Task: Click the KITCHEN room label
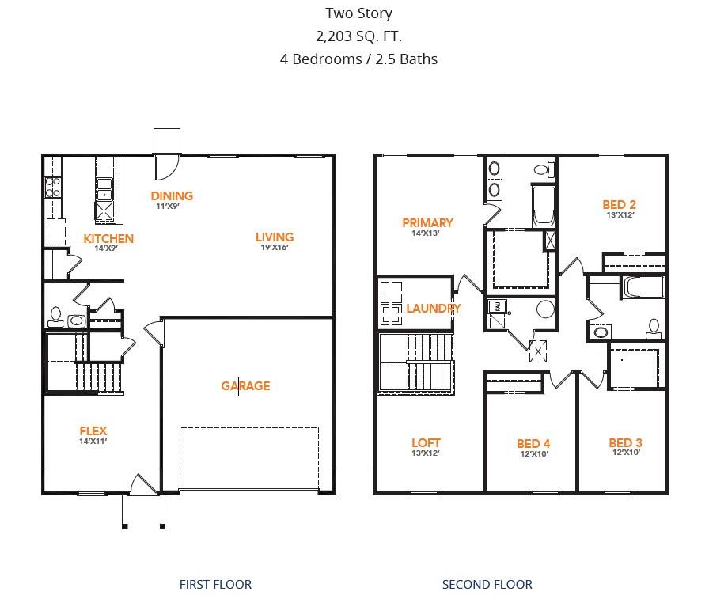point(108,238)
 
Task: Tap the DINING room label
point(172,195)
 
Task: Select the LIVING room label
point(274,237)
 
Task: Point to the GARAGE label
point(245,385)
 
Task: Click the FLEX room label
point(93,431)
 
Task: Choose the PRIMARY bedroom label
point(427,222)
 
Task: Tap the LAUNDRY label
point(433,308)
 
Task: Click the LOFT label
point(426,442)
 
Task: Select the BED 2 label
point(619,204)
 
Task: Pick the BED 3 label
point(624,442)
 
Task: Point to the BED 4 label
point(533,443)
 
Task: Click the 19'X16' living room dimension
point(274,247)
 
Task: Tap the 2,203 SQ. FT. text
point(358,36)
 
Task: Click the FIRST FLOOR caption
point(215,584)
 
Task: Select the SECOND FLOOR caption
point(487,584)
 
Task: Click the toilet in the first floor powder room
point(55,316)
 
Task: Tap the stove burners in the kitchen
point(53,187)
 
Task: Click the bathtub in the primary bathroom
point(543,206)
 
